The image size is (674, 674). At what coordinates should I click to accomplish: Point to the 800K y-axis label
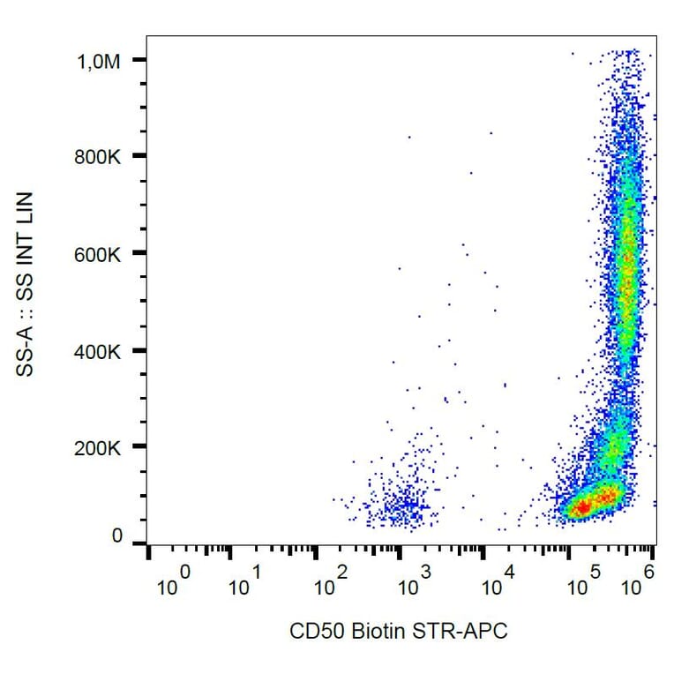click(99, 157)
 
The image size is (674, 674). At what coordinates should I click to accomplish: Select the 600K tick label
click(99, 254)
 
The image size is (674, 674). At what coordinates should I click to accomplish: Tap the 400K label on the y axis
click(99, 351)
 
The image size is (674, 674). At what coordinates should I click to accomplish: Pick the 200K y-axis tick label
click(99, 448)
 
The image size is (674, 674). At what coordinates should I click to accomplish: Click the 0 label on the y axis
click(117, 536)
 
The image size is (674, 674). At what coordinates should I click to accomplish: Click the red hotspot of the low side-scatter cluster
click(582, 507)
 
